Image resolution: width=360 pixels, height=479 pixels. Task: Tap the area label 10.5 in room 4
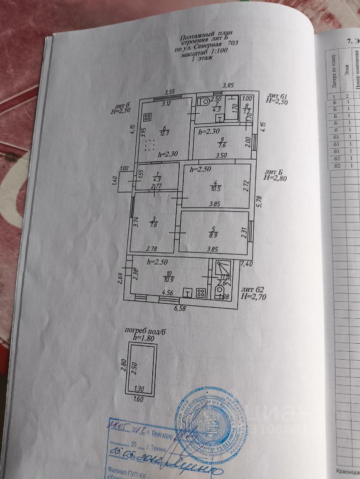coord(216,188)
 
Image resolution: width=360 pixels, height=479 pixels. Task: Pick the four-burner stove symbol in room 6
coord(147,118)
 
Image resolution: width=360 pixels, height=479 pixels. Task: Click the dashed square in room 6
coord(147,146)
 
